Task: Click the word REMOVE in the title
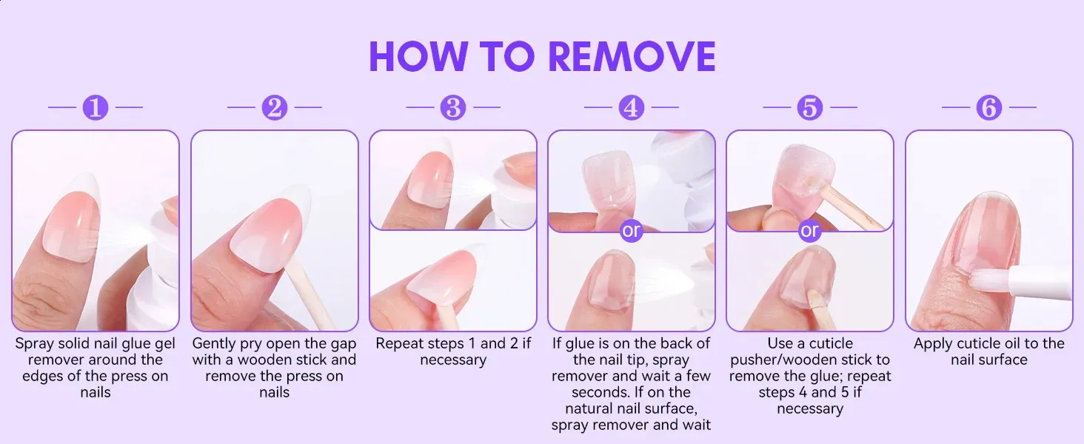tap(632, 56)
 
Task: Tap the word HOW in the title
tap(418, 56)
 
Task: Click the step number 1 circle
tap(96, 107)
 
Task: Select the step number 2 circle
tap(275, 107)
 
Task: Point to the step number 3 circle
tap(453, 107)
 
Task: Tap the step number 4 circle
tap(632, 107)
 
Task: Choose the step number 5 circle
tap(810, 107)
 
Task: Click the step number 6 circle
tap(988, 107)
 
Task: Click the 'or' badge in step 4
tap(632, 231)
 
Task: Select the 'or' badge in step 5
tap(810, 231)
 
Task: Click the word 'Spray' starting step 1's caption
tap(34, 344)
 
